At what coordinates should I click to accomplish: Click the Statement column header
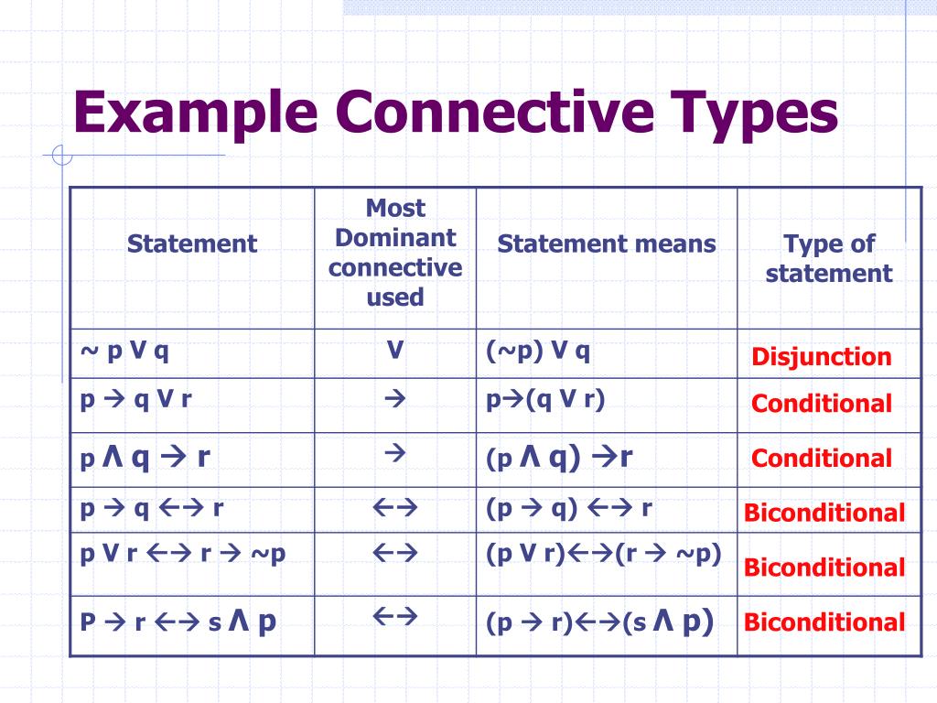click(192, 243)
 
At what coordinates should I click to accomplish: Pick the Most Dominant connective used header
click(395, 253)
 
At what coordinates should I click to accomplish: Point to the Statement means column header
click(606, 243)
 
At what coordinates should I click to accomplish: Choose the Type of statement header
click(828, 258)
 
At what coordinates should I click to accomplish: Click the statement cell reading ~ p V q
click(124, 351)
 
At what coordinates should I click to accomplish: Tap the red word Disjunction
click(821, 357)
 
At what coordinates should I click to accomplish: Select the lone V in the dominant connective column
click(395, 351)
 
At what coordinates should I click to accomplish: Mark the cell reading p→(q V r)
click(545, 399)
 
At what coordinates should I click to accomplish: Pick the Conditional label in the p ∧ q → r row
click(821, 459)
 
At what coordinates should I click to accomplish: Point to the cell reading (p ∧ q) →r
click(558, 457)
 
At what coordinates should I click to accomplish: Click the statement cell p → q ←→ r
click(152, 508)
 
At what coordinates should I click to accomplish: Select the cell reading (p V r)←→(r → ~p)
click(604, 554)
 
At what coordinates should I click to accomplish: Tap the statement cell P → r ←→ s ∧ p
click(178, 622)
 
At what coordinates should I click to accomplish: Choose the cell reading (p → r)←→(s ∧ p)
click(599, 622)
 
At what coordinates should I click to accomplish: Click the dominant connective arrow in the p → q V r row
click(395, 399)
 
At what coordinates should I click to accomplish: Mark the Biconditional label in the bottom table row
click(824, 623)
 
